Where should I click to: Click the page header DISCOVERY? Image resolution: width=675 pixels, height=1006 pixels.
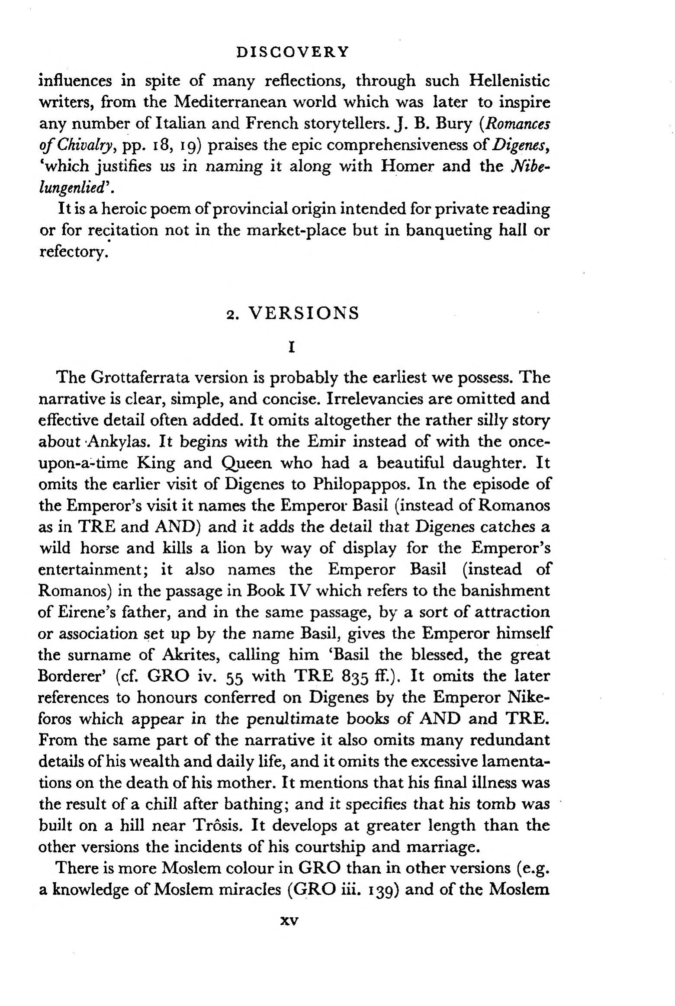coord(293,52)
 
